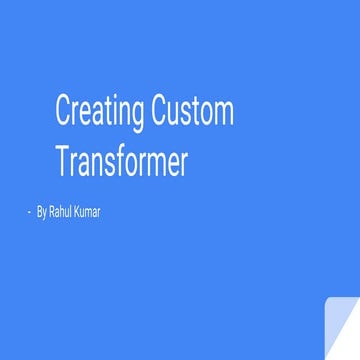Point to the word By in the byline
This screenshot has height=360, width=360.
pyautogui.click(x=41, y=212)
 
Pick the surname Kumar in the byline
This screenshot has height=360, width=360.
pyautogui.click(x=87, y=212)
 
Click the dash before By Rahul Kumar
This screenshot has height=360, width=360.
pyautogui.click(x=29, y=212)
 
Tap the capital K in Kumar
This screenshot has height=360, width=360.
pyautogui.click(x=78, y=212)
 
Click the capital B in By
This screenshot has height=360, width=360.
pyautogui.click(x=39, y=212)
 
